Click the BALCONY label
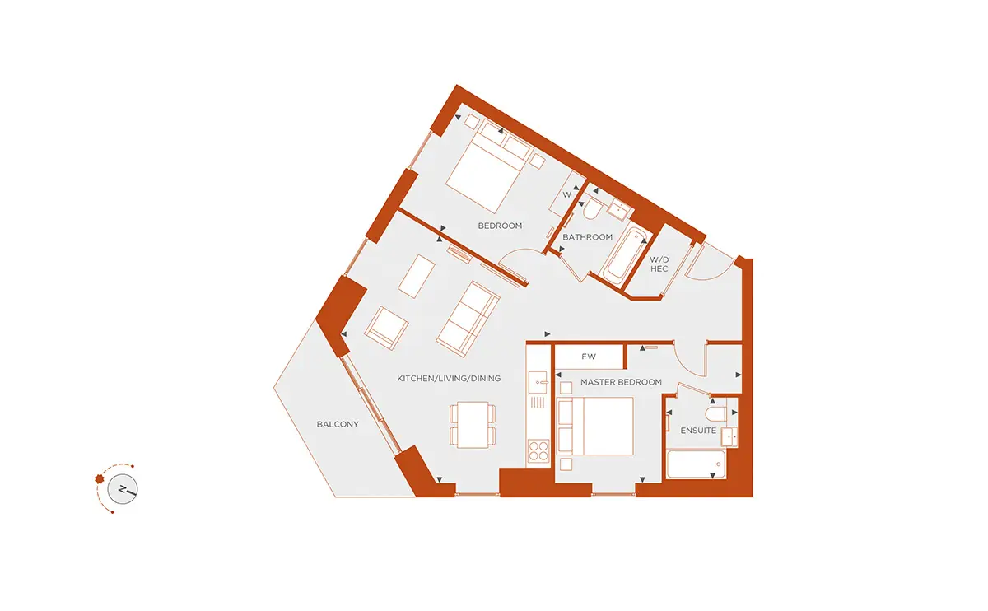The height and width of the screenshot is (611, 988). point(338,424)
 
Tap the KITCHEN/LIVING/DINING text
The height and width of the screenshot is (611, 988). point(449,379)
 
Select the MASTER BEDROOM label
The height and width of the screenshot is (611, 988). point(621,382)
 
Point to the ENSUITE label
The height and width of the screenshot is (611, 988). point(698,431)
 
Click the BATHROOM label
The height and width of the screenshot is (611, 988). point(588,237)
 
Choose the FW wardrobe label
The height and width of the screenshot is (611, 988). point(589,357)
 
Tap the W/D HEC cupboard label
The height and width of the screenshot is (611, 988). point(659,264)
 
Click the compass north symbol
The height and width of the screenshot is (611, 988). point(123,489)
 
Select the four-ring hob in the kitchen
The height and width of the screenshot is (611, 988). point(538,451)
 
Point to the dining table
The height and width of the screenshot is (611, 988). point(473,425)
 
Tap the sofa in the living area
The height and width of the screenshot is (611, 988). point(468,319)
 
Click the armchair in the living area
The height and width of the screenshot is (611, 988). point(386,329)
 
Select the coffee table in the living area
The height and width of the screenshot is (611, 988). point(417,277)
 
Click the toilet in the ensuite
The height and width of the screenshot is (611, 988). point(715,414)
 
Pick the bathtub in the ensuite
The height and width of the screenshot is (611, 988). point(696,464)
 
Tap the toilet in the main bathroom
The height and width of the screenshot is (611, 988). point(593,208)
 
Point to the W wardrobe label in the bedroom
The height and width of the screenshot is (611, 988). point(566,194)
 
